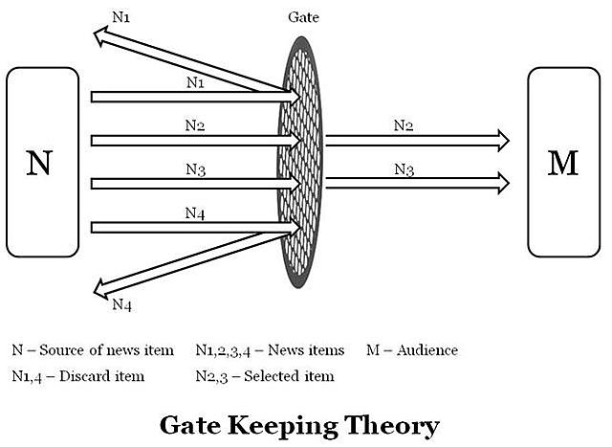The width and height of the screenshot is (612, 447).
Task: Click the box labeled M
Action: (563, 161)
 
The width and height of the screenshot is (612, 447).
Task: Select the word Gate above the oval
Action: (303, 17)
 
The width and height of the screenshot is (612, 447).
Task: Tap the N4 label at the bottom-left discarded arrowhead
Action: (121, 304)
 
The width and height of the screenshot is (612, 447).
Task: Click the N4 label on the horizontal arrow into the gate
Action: (195, 213)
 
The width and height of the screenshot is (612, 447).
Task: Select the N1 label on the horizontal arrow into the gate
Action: (195, 82)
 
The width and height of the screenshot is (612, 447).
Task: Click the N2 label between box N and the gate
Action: (195, 125)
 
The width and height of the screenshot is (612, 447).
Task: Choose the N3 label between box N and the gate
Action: (195, 169)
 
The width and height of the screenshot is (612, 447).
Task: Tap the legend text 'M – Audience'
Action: (412, 350)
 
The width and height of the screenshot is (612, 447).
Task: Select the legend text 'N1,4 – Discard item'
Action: (77, 376)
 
